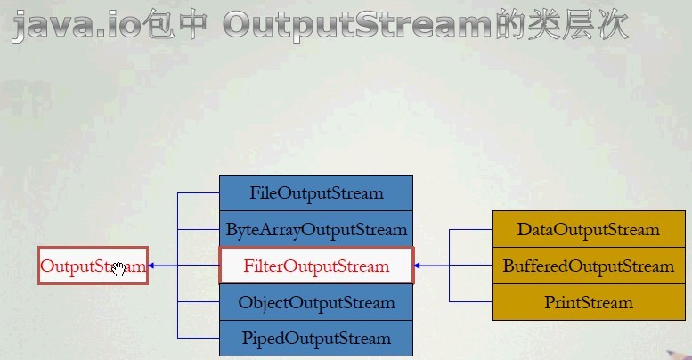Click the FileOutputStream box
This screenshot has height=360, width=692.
click(x=316, y=192)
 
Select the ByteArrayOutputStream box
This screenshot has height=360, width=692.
click(x=316, y=229)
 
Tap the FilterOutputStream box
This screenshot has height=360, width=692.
click(x=316, y=266)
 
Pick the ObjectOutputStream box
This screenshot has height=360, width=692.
click(x=316, y=302)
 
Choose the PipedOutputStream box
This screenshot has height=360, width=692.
click(x=316, y=339)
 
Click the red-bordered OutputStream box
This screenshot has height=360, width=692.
click(x=93, y=266)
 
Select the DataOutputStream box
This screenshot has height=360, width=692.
click(x=588, y=230)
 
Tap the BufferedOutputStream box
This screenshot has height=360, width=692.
click(x=588, y=266)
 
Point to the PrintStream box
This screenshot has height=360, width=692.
click(x=588, y=302)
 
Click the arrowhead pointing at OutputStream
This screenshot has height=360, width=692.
click(x=152, y=266)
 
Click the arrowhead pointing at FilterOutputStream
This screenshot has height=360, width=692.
click(x=419, y=266)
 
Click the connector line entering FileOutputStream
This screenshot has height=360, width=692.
click(x=199, y=192)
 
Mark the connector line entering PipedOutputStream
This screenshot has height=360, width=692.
click(x=199, y=338)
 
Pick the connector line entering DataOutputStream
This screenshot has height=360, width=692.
click(x=470, y=230)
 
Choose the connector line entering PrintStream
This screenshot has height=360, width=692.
click(x=470, y=301)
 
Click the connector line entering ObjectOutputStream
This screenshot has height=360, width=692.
click(x=199, y=302)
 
